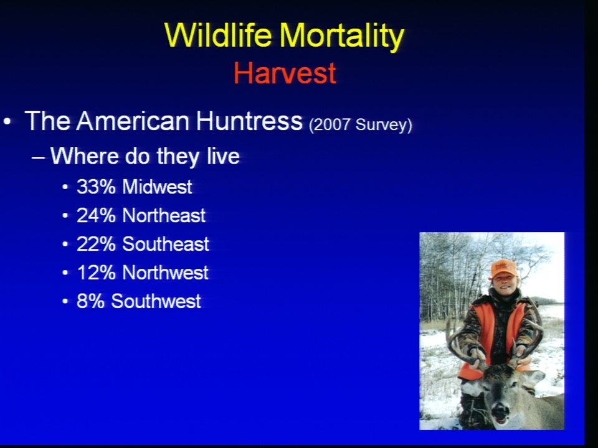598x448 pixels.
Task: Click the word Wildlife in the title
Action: (219, 35)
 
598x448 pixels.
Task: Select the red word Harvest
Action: (285, 73)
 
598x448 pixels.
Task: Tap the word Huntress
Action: (249, 121)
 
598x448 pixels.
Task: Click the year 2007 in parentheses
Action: (330, 125)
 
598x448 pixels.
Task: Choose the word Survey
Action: (384, 125)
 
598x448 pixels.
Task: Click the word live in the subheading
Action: (223, 156)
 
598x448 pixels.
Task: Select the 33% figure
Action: (96, 187)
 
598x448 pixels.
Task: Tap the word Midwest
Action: (157, 187)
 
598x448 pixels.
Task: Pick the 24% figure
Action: (96, 216)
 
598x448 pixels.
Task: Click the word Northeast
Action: (164, 216)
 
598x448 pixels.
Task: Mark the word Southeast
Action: (166, 244)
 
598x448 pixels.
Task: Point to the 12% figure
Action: (96, 273)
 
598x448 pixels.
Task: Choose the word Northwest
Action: (166, 273)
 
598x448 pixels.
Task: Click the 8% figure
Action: (90, 301)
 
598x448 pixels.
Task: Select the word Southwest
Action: (156, 301)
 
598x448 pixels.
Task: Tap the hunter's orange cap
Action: (503, 269)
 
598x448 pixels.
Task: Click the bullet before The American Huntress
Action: (7, 122)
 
